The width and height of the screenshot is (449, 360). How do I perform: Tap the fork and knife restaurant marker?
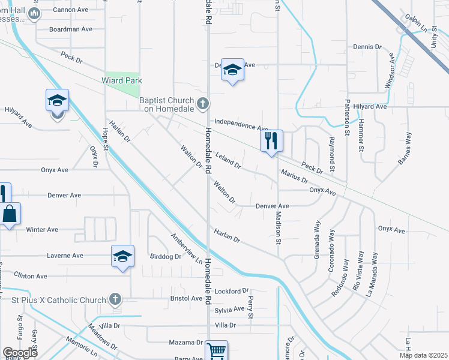tap(271, 141)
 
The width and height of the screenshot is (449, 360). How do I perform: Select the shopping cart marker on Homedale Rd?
tap(216, 350)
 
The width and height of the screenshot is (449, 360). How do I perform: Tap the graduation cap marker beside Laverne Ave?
tap(122, 257)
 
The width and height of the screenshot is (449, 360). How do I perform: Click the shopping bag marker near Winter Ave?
tap(11, 214)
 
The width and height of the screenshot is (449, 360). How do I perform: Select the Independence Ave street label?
tap(241, 124)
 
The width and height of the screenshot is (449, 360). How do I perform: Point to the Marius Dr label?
tap(294, 176)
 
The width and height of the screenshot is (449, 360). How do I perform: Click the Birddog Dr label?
tap(165, 256)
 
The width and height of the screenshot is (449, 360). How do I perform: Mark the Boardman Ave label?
tap(71, 29)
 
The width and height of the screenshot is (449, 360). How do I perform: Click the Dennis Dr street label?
tap(367, 46)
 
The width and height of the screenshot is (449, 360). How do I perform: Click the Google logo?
tap(20, 353)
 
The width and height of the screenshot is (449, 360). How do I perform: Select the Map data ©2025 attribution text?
tap(423, 355)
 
